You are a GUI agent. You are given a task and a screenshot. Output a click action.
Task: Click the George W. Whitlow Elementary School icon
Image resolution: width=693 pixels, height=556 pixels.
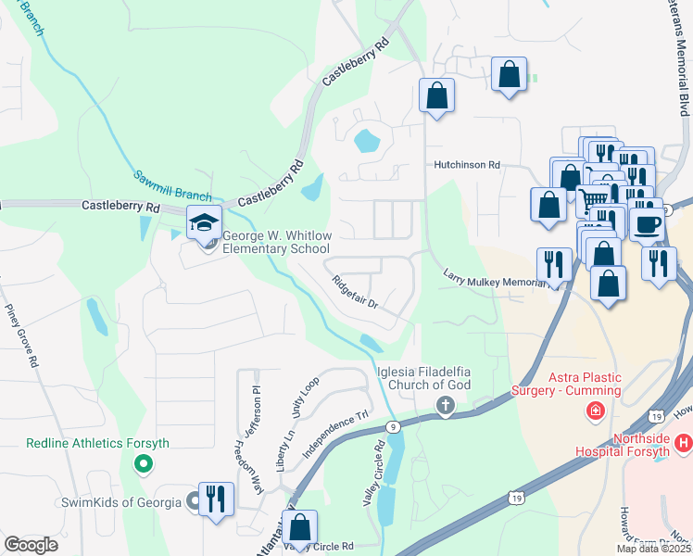(x=204, y=222)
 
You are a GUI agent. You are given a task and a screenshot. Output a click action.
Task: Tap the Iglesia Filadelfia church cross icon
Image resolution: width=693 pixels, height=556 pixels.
(x=446, y=406)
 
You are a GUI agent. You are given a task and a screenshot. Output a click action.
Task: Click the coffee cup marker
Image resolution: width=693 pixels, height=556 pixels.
(x=647, y=222)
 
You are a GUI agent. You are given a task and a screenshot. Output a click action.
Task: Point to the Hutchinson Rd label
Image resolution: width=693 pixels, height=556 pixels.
(x=468, y=165)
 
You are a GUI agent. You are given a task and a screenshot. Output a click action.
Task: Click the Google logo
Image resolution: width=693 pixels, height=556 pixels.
(x=31, y=545)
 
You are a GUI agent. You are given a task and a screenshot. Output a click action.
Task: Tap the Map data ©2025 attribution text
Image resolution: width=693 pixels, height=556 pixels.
(x=653, y=549)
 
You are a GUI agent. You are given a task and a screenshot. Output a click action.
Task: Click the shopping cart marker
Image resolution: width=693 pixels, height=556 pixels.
(x=593, y=197)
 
